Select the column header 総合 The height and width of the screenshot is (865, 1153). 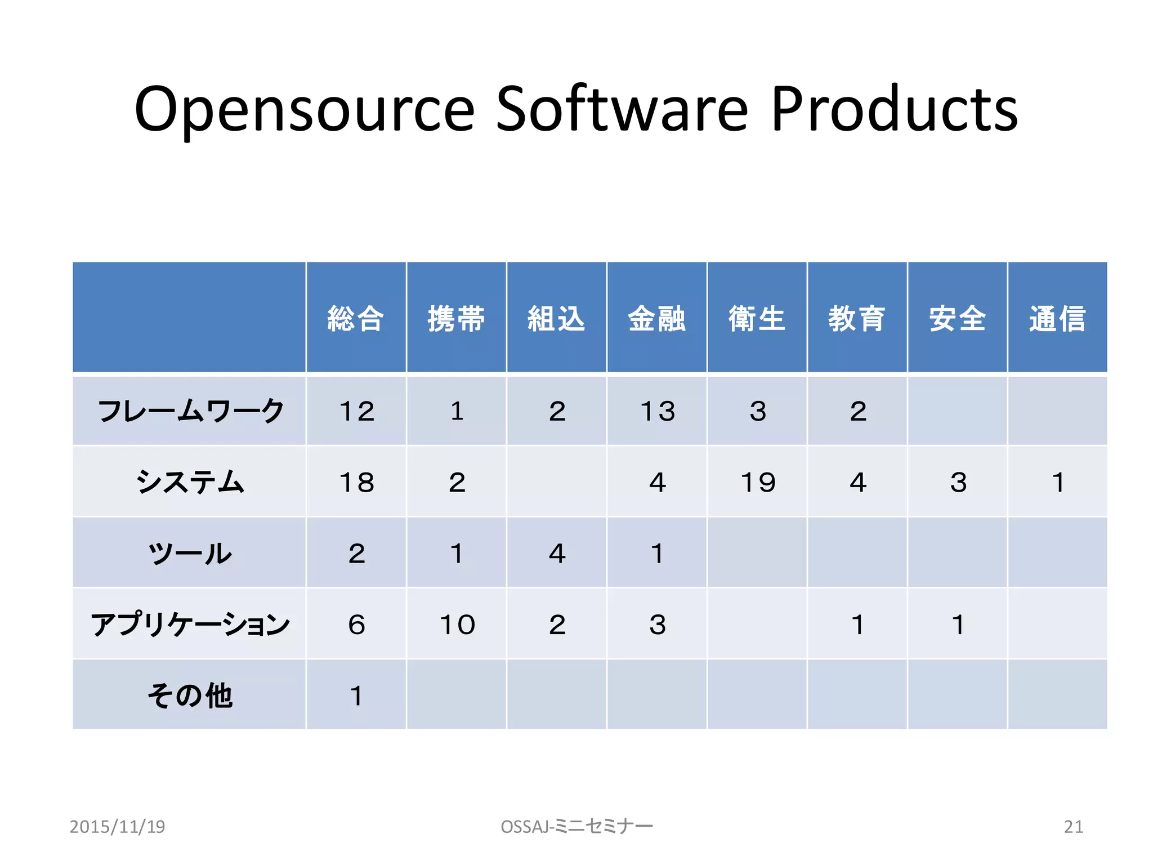(356, 319)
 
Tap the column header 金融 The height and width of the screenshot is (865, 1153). (656, 319)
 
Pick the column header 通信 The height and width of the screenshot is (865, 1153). (1057, 319)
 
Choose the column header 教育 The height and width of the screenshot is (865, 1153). (857, 319)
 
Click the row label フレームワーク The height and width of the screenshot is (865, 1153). (190, 411)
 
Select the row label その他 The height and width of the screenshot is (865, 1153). (190, 695)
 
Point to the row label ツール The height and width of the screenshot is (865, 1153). (190, 553)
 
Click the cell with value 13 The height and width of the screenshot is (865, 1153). (657, 411)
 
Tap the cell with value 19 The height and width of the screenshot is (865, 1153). (757, 482)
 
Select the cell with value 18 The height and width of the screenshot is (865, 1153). (356, 482)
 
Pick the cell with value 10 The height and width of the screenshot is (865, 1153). (457, 625)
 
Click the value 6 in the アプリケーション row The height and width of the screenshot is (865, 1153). (356, 625)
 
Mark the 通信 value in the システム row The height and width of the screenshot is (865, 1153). (1058, 482)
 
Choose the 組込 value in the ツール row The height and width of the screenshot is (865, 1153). (557, 554)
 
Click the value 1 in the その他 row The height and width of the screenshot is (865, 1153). (356, 695)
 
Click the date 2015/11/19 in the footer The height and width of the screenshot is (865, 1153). (117, 826)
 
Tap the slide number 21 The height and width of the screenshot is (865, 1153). (1073, 826)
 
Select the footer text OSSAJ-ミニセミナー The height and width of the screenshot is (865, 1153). (576, 826)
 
